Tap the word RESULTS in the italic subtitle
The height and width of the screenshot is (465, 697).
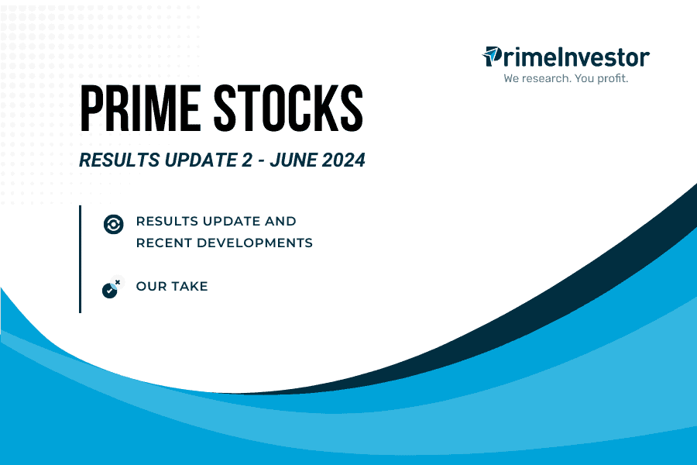(115, 162)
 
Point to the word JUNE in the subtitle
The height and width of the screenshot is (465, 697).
(286, 162)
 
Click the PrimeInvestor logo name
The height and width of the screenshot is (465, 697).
(573, 57)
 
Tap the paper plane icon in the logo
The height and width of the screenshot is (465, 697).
(492, 56)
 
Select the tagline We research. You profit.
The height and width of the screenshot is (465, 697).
(565, 78)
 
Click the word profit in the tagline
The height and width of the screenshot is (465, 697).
(609, 78)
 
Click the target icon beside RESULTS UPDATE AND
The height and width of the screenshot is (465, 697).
(113, 224)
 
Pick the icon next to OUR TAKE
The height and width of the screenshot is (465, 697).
(112, 288)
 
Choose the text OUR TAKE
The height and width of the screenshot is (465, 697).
(172, 286)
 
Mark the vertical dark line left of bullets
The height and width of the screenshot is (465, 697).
(80, 259)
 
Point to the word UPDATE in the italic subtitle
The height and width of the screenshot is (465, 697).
(188, 162)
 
